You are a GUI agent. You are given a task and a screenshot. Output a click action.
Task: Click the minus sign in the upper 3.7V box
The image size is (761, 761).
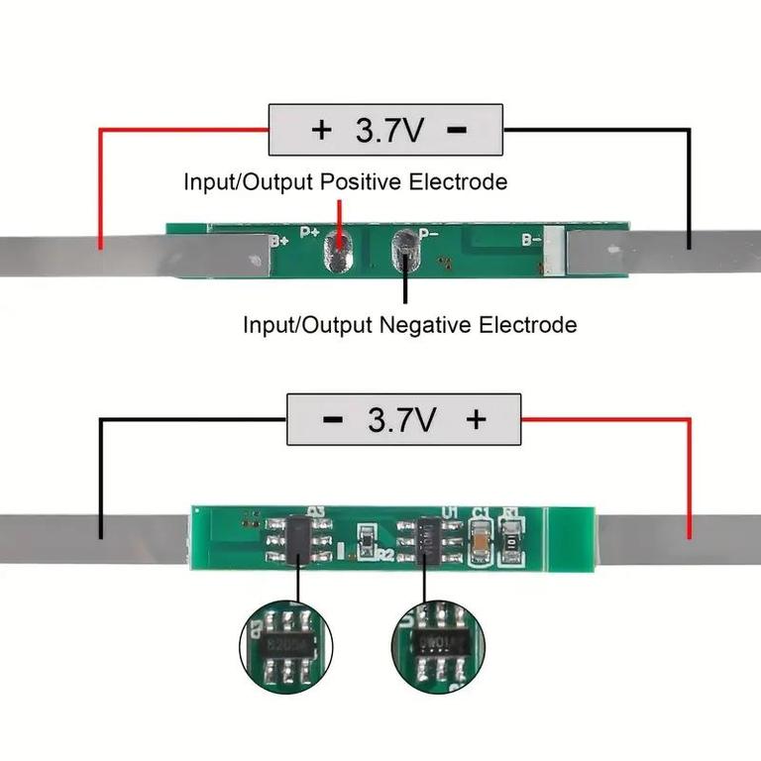pos(457,131)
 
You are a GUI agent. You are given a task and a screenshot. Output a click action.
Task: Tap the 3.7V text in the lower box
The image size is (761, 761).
pos(401,420)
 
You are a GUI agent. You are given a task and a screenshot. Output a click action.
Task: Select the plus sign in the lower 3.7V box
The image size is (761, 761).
pos(476,419)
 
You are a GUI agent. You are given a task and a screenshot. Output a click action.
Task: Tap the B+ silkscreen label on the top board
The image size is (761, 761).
pos(279,239)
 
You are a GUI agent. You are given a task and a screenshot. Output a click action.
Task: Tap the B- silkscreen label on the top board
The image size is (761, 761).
pos(531,239)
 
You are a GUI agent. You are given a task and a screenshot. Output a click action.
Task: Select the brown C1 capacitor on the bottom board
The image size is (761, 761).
pos(481,541)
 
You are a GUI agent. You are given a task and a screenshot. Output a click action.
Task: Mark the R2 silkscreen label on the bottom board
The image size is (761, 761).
pos(385,554)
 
